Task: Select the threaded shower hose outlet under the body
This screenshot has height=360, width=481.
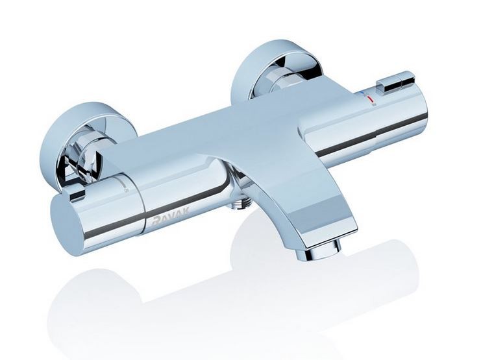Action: pos(241,205)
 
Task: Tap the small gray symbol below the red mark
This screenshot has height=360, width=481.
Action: pos(372,106)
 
